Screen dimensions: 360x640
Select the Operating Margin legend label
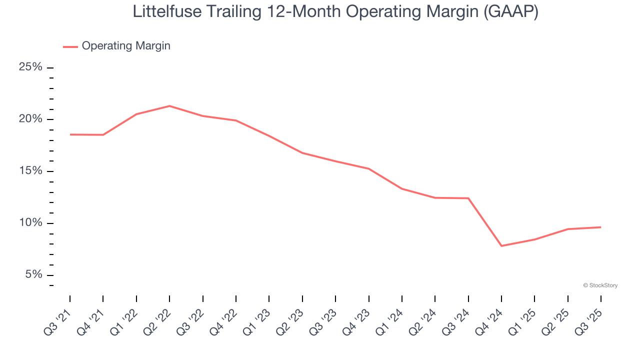[x=126, y=46]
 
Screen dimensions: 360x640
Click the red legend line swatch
[x=70, y=46]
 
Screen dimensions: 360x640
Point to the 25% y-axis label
[x=31, y=67]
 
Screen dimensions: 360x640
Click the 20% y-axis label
[x=31, y=119]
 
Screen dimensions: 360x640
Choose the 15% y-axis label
[x=31, y=171]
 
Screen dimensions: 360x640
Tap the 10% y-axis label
[x=31, y=223]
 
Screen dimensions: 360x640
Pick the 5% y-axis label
[x=33, y=275]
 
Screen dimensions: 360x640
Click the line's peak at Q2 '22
[x=169, y=106]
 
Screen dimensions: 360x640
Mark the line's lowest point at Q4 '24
[x=501, y=246]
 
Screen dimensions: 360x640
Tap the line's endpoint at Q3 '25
[x=600, y=227]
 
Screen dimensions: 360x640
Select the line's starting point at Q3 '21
[x=70, y=134]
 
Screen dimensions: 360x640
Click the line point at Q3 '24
[x=468, y=198]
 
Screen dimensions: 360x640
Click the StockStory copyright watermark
[x=600, y=285]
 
